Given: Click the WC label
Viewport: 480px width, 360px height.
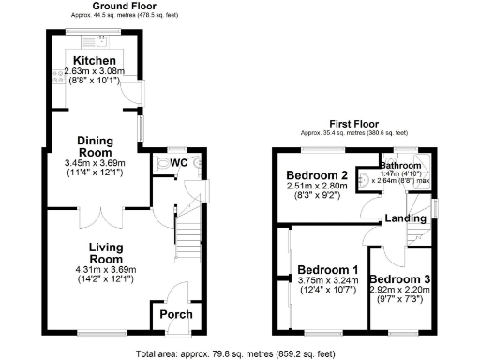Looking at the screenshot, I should point(179,163).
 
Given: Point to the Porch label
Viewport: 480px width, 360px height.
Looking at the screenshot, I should point(175,314).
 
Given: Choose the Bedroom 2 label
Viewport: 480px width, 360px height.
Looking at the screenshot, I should point(318,175).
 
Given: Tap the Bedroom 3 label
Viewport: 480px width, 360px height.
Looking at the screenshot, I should point(399,279).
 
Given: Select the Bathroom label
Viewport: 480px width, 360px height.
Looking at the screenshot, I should point(401,165).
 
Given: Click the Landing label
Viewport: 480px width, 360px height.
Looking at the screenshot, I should point(404,219).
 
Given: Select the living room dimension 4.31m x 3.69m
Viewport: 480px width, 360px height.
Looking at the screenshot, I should point(106,269).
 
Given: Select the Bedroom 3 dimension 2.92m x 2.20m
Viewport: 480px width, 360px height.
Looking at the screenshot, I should point(399,291).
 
